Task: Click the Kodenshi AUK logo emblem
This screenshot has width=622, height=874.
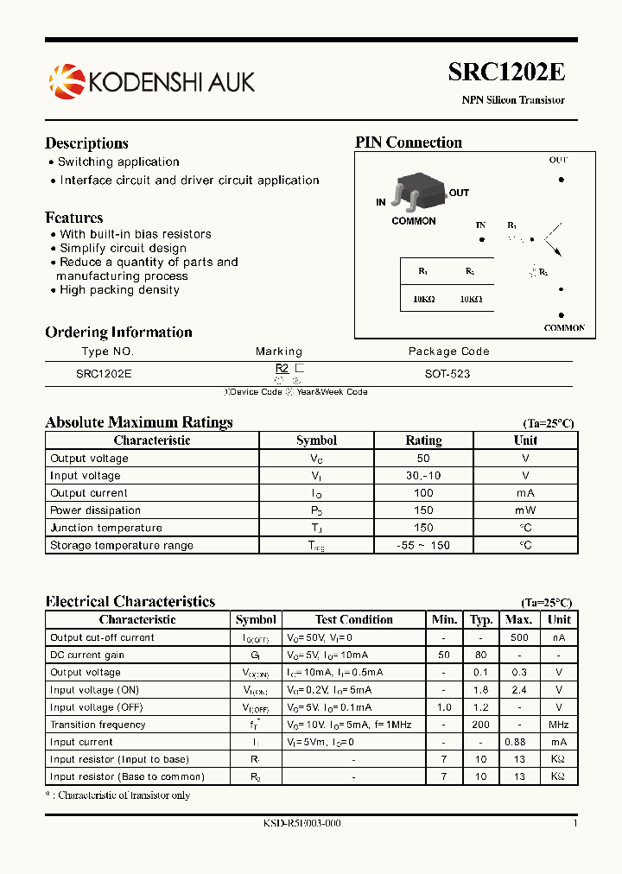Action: pos(67,81)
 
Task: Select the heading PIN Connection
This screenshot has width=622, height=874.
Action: pos(409,142)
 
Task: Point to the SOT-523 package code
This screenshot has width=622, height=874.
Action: pos(447,374)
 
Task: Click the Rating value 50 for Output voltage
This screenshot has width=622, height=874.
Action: pos(423,459)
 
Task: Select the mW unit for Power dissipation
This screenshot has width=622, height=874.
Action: pos(525,510)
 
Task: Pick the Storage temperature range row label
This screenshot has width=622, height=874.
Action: pos(122,545)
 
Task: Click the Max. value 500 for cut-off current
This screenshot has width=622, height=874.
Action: pos(518,637)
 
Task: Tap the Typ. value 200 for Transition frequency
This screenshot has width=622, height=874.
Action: pos(481,725)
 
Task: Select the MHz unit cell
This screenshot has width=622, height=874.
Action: pos(559,725)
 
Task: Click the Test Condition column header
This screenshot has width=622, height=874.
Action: pos(354,619)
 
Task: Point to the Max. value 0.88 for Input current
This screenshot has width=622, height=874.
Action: pos(518,742)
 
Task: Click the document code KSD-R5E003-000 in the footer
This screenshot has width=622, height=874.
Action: pos(301,823)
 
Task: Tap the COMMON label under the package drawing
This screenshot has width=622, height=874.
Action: pos(414,221)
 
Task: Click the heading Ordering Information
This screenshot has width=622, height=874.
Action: pos(118,332)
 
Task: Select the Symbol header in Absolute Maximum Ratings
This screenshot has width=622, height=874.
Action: pos(316,440)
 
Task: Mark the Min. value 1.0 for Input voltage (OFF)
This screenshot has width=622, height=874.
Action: pos(444,707)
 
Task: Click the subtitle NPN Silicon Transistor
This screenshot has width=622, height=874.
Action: pos(513,100)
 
